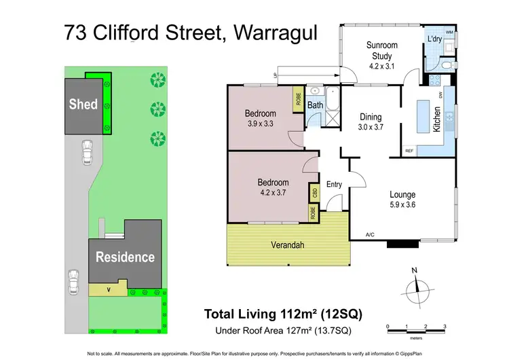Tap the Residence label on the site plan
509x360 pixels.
tap(124, 257)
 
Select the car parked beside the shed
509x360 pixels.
tap(86, 152)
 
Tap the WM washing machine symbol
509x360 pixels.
tap(449, 32)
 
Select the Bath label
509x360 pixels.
tap(315, 105)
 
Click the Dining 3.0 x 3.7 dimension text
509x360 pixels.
tap(371, 126)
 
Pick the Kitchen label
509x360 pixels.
tap(437, 120)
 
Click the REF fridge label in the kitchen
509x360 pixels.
tap(409, 151)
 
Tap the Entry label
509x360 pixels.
tap(334, 184)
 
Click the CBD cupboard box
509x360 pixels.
tap(314, 192)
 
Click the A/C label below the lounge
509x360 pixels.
tap(370, 234)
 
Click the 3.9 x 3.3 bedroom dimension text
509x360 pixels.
tap(261, 124)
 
